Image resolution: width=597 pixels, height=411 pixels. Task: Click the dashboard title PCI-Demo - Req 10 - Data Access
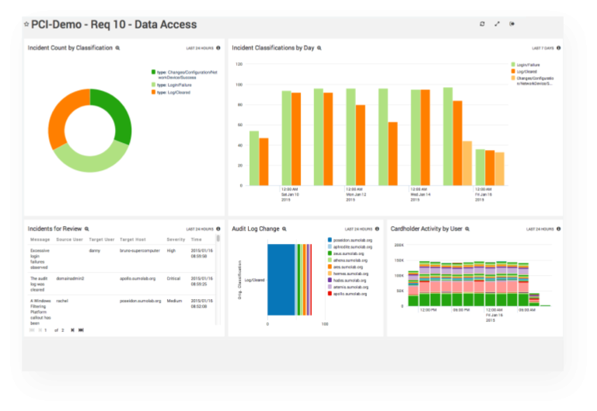(114, 25)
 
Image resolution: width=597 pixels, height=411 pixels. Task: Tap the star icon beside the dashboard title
(26, 25)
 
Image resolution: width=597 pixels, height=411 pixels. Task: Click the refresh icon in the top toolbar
(482, 24)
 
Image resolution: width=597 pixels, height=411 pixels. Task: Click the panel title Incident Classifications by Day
(274, 48)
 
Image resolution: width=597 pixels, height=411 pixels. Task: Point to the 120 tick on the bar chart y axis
(239, 64)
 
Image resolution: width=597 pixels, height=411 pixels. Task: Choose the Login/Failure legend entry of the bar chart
(528, 64)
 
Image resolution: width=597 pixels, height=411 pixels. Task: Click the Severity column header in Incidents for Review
(176, 240)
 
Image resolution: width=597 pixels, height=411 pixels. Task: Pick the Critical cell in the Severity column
(174, 277)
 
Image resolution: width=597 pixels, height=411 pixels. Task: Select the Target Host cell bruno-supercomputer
(139, 251)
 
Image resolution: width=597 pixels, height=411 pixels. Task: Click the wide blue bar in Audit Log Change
(281, 279)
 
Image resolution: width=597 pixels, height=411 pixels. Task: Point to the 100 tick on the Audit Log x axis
(324, 323)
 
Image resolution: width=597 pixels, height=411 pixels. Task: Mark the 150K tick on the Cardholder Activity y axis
(400, 260)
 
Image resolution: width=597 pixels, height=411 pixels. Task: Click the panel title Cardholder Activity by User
(427, 229)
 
